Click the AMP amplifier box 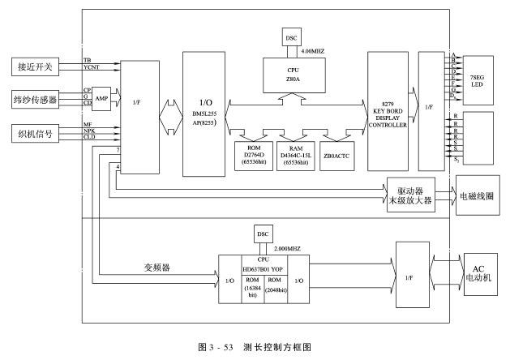pos(101,97)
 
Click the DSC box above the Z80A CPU pos(291,36)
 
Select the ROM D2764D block pos(248,154)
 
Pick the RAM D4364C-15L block pos(295,154)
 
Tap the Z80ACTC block pos(338,154)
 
